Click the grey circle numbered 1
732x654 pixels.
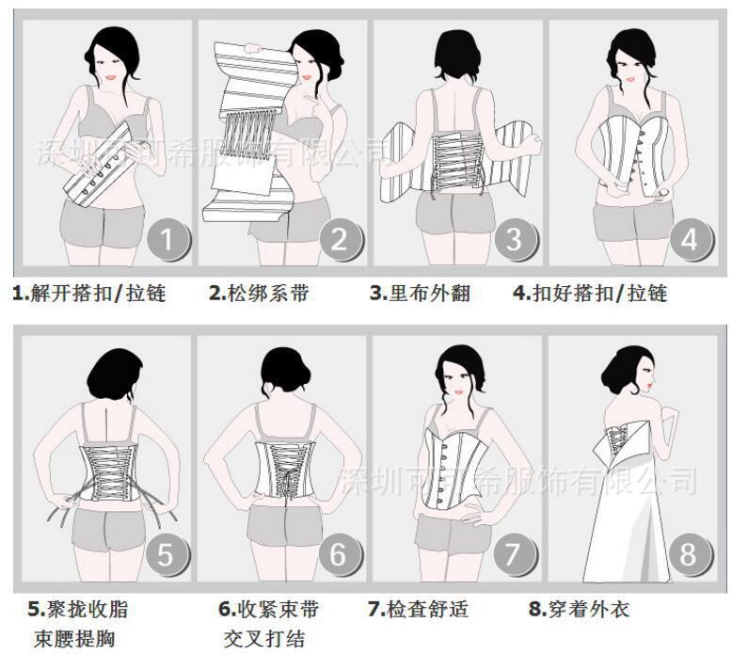click(x=167, y=241)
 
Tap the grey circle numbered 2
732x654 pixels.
click(x=340, y=241)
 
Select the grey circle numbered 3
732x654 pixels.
click(x=513, y=240)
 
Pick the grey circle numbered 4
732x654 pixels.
click(x=690, y=240)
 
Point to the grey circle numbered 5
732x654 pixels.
click(x=166, y=554)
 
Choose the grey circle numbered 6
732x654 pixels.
click(x=340, y=554)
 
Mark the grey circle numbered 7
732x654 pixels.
click(x=513, y=554)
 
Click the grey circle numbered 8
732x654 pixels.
click(x=690, y=554)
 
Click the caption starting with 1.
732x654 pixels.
click(x=89, y=293)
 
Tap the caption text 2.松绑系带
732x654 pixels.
click(x=259, y=293)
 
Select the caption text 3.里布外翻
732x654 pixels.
click(x=420, y=293)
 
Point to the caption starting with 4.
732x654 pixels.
click(x=590, y=293)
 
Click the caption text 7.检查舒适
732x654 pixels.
click(x=420, y=609)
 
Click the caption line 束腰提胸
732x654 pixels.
click(x=73, y=639)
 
